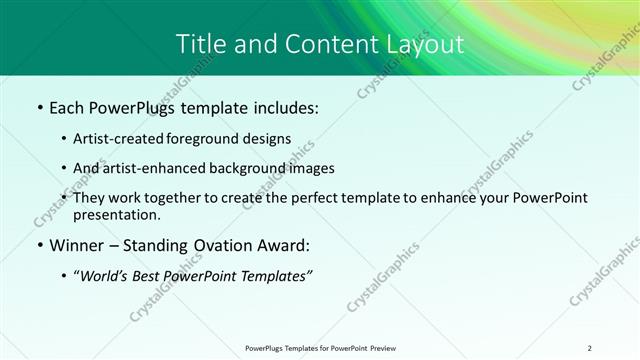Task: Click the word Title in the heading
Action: [x=201, y=44]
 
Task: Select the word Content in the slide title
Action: [x=326, y=44]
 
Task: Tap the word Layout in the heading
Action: [x=427, y=44]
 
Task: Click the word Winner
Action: [x=79, y=245]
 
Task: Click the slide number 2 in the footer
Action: [x=589, y=347]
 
